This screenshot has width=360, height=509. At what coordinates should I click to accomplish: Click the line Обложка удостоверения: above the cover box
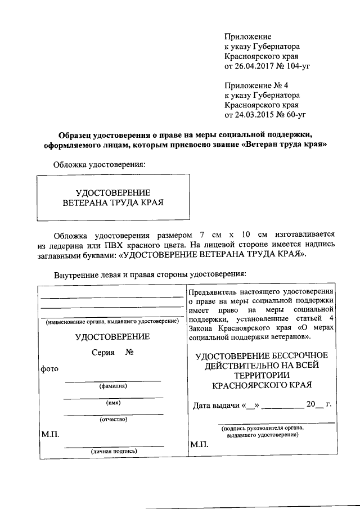tap(99, 165)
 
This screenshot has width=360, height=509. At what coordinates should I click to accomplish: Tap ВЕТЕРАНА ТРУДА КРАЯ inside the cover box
tap(112, 201)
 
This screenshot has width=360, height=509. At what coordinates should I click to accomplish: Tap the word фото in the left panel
tap(49, 368)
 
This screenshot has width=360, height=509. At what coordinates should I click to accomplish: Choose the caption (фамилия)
tap(113, 386)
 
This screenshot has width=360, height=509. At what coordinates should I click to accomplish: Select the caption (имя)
tap(113, 403)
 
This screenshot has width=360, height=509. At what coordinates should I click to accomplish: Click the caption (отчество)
tap(113, 419)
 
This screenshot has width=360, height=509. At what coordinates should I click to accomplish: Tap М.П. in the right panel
tap(199, 444)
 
